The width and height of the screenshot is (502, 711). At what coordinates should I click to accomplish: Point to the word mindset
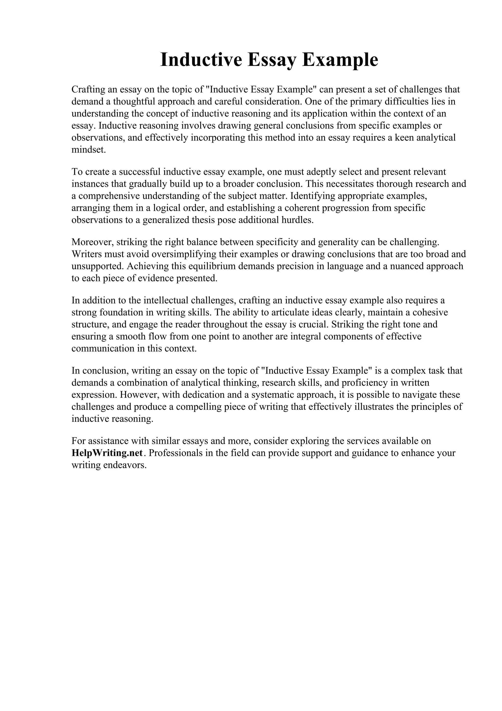click(88, 150)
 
